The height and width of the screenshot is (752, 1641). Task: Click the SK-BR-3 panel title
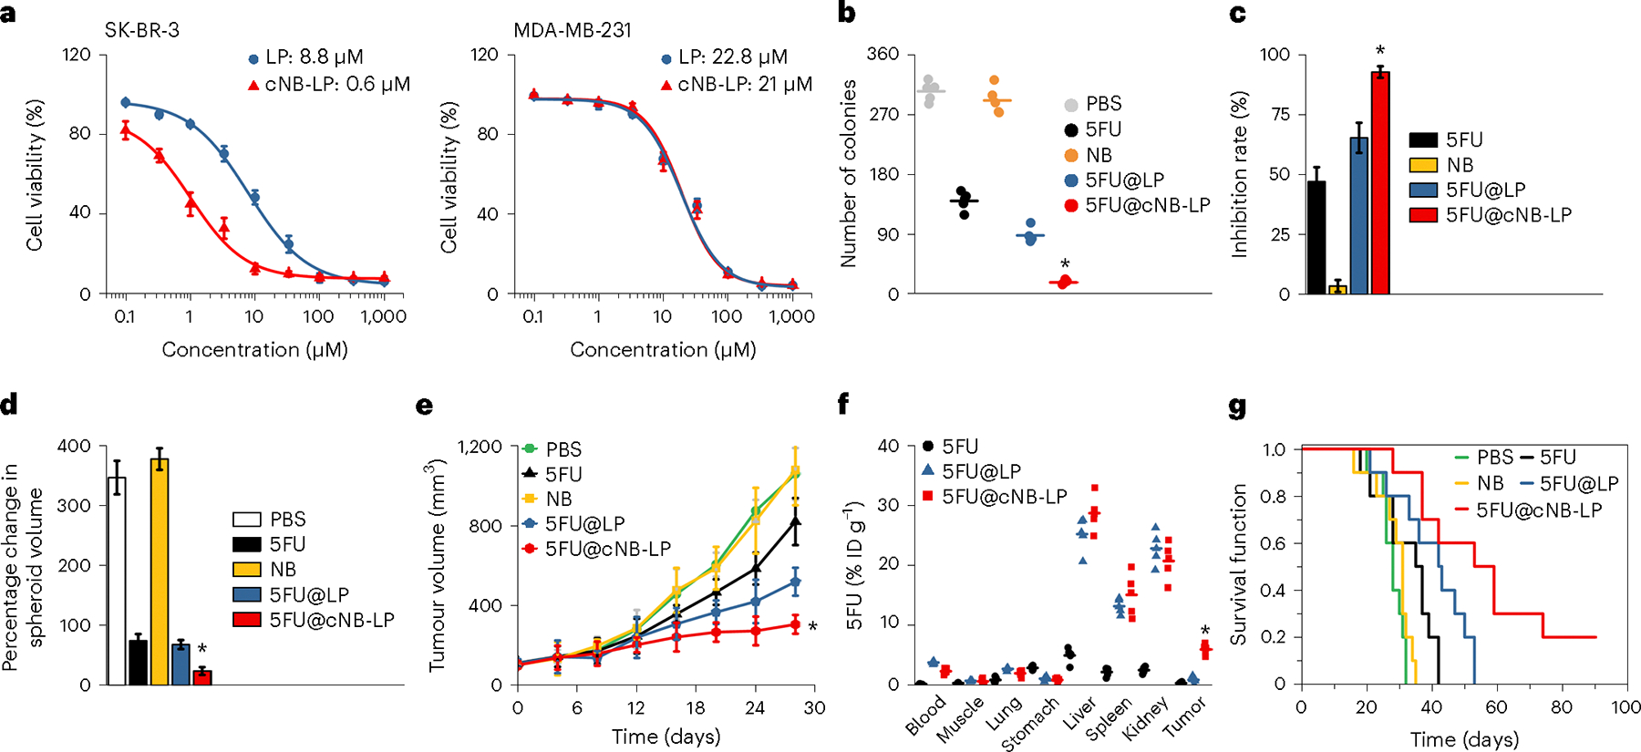pyautogui.click(x=141, y=30)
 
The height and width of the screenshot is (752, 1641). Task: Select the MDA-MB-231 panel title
pyautogui.click(x=572, y=30)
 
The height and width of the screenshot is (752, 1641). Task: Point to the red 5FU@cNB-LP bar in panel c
pyautogui.click(x=1380, y=183)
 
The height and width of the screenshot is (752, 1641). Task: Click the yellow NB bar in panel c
pyautogui.click(x=1337, y=289)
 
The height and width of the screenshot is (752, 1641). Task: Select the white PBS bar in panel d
pyautogui.click(x=117, y=581)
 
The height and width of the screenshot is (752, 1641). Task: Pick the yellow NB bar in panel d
pyautogui.click(x=160, y=572)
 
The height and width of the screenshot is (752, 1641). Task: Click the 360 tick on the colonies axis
pyautogui.click(x=882, y=55)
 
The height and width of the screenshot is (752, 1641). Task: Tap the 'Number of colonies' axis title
pyautogui.click(x=849, y=173)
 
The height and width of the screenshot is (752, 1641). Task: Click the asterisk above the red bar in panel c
pyautogui.click(x=1380, y=51)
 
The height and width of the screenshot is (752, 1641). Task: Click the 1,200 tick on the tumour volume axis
pyautogui.click(x=480, y=447)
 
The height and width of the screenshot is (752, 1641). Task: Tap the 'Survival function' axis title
pyautogui.click(x=1238, y=565)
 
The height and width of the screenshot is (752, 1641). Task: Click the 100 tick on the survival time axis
pyautogui.click(x=1626, y=707)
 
